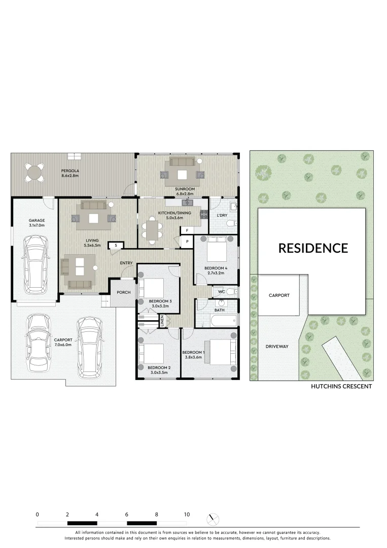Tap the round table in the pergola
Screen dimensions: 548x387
(34, 172)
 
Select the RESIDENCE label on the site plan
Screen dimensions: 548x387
(313, 248)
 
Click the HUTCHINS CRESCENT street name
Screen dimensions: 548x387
(341, 386)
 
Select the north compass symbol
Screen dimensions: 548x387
(214, 519)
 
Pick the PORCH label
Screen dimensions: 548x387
(124, 292)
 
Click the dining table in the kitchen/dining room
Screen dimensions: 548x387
(151, 227)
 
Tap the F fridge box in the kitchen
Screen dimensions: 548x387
(187, 230)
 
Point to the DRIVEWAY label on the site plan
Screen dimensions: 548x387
(277, 347)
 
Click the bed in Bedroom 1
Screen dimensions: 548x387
(222, 352)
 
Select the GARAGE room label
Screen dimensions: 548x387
(37, 220)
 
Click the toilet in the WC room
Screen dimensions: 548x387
(231, 292)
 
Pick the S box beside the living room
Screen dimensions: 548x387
(116, 246)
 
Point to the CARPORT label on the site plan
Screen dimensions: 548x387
(279, 295)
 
